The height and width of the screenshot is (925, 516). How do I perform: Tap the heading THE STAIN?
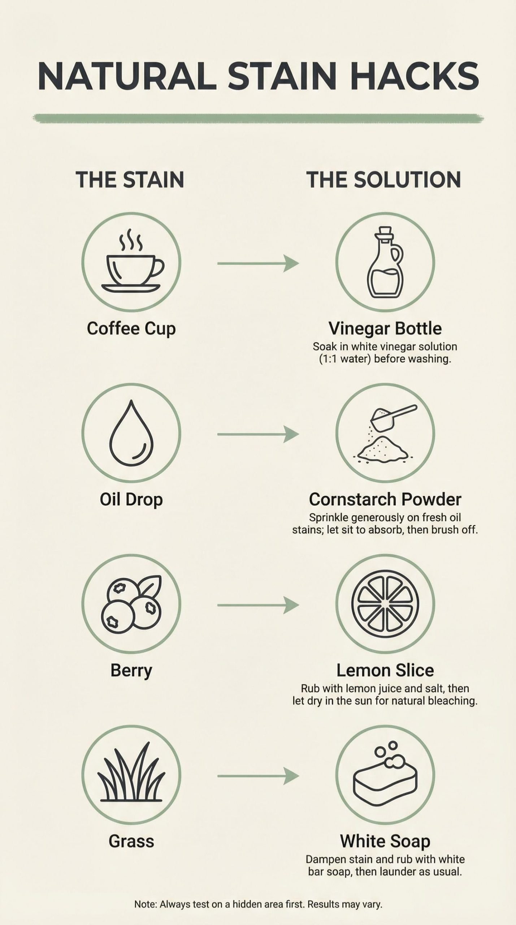click(x=130, y=180)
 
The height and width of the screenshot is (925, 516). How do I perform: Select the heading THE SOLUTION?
click(x=384, y=180)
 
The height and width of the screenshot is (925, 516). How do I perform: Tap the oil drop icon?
click(x=131, y=432)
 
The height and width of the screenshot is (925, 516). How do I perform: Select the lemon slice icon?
click(x=385, y=604)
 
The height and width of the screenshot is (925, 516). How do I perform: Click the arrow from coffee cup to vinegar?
click(x=258, y=263)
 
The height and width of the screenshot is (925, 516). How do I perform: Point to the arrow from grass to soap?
click(x=258, y=776)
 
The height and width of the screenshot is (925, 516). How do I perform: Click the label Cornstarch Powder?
click(x=385, y=499)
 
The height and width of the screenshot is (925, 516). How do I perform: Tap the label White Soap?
click(x=385, y=841)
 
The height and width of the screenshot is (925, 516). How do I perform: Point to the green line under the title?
click(x=258, y=119)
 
